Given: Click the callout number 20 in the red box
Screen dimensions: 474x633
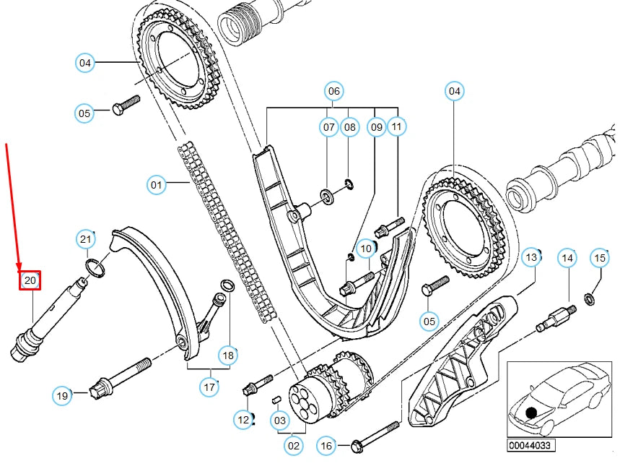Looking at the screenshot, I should tap(30, 280).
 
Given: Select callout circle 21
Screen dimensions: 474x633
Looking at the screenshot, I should tap(87, 240).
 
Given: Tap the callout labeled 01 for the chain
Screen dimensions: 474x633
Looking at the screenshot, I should tap(157, 186).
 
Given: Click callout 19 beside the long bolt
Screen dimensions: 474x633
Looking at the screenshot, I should tap(63, 395).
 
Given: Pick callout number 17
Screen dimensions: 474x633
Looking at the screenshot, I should tap(209, 387).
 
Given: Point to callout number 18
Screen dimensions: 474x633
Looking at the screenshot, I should tap(229, 355).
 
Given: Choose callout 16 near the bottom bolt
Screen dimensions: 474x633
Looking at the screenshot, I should tap(326, 447).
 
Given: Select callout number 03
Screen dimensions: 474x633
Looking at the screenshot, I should tap(279, 419).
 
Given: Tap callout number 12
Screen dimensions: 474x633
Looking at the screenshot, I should tap(243, 418).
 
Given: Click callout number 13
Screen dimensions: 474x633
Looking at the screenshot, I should tap(531, 257).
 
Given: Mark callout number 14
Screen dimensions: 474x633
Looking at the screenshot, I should tap(568, 257).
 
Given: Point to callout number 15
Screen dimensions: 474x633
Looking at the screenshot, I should tap(600, 257).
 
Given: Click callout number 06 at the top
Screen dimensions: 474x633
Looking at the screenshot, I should tap(333, 92).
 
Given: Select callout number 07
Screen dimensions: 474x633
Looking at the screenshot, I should tap(329, 128).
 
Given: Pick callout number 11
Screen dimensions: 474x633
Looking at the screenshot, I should tap(396, 128).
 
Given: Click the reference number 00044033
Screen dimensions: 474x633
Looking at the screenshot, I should tap(531, 446).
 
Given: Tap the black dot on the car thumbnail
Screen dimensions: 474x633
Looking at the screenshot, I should tap(532, 413).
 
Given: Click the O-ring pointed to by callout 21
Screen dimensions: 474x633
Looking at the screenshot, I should tap(95, 269).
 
